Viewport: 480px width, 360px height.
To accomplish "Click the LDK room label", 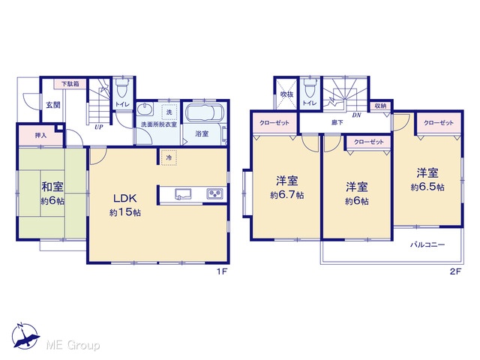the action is click(125, 198).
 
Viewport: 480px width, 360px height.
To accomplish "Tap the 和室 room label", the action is click(52, 187).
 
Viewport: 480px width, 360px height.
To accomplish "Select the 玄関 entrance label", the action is click(53, 105).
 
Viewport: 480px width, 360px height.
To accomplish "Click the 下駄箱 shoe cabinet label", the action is click(70, 84).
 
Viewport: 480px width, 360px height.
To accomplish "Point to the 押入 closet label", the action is click(40, 135).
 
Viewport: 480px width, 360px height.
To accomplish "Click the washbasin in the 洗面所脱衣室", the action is click(145, 110).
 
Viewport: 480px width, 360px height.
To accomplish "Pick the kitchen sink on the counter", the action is click(183, 194).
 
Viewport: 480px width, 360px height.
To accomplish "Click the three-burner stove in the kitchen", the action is click(215, 193).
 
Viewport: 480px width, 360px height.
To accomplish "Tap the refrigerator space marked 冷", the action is click(169, 157).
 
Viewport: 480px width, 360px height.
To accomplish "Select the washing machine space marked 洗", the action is click(169, 112).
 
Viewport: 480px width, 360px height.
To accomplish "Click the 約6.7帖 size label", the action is click(287, 195).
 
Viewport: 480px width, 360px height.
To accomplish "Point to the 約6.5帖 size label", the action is click(427, 187).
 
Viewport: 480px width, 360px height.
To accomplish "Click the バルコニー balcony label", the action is click(427, 245).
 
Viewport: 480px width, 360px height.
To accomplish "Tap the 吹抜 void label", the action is click(286, 94).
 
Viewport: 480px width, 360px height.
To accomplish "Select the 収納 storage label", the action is click(380, 106).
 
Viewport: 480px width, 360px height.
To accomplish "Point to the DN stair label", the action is click(356, 115).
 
